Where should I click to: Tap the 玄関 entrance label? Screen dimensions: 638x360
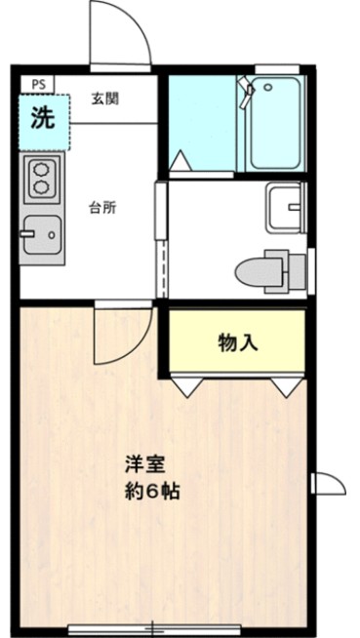105,100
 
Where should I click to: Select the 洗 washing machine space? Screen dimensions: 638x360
44,121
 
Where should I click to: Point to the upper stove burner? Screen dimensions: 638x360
42,168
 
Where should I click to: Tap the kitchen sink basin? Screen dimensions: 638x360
41,232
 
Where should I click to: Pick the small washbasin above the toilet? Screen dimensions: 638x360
287,205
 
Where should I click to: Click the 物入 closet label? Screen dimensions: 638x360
237,342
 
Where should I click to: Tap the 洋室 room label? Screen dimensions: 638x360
139,462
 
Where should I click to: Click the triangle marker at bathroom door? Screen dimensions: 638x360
181,160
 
